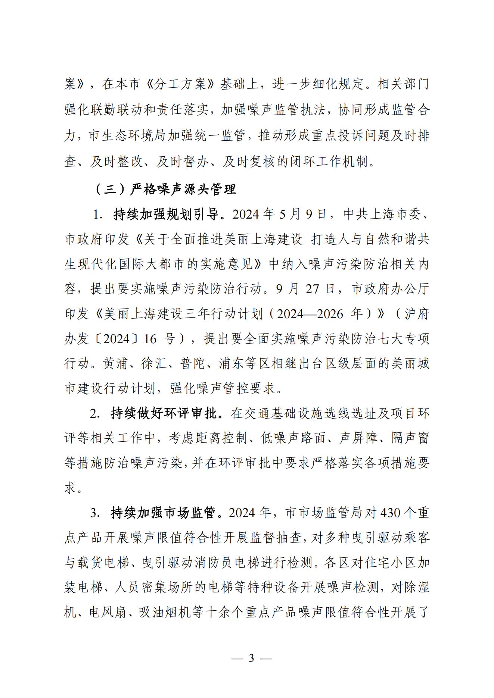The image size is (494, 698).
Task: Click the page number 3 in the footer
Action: (x=251, y=658)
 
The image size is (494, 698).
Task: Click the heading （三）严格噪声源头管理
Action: (x=166, y=189)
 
